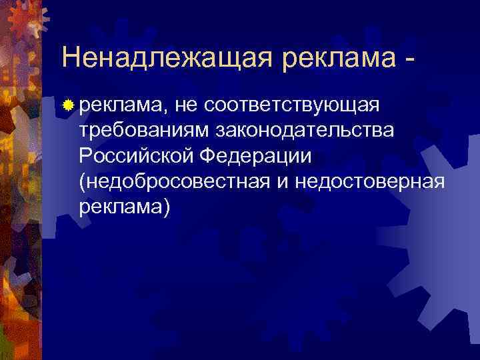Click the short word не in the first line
(x=185, y=105)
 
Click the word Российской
(x=135, y=156)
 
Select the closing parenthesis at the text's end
(x=167, y=208)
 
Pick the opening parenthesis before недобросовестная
(x=82, y=183)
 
